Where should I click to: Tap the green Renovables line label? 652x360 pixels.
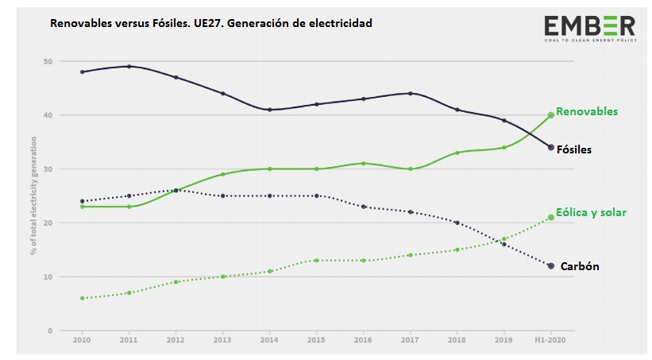[586, 112]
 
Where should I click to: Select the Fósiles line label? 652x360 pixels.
[573, 149]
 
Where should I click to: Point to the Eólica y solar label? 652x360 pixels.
[591, 212]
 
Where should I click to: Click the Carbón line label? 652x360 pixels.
[580, 267]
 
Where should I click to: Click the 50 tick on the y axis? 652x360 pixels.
[48, 61]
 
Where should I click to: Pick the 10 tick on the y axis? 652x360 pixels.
[48, 277]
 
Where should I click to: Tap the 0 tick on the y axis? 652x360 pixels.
[49, 331]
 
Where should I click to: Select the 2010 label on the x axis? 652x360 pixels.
[82, 339]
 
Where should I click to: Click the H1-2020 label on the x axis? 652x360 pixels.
[550, 339]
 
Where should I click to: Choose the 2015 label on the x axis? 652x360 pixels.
[316, 339]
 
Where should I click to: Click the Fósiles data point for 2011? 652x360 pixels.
[129, 67]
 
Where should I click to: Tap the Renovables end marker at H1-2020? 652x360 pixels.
[550, 115]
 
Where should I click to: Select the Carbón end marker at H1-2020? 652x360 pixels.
[550, 265]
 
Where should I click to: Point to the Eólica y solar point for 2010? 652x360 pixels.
[82, 298]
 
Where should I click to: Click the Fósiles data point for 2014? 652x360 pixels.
[269, 110]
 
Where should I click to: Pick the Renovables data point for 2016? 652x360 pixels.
[363, 164]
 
